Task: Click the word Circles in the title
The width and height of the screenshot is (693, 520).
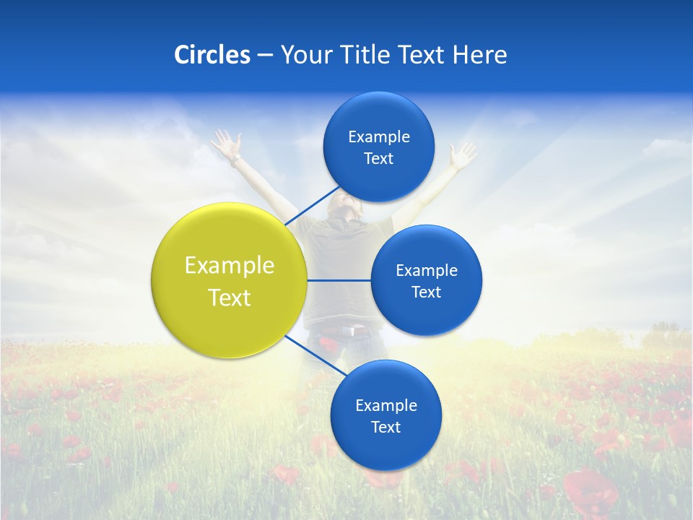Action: point(212,55)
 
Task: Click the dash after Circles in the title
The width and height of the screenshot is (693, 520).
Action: point(265,56)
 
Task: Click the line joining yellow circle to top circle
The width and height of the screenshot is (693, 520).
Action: point(312,205)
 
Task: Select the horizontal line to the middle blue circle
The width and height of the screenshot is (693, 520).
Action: point(339,280)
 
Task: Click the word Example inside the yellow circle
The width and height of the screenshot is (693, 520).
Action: point(230,265)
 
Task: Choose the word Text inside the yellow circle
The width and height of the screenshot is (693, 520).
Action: point(230,298)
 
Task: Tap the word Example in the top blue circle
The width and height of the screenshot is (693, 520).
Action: point(379,136)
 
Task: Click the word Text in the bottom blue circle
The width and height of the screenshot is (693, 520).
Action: point(385,427)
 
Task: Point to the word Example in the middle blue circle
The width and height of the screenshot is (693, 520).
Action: point(427,270)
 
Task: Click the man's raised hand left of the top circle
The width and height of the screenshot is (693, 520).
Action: point(227,143)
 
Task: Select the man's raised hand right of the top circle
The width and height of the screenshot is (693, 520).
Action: point(461,154)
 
